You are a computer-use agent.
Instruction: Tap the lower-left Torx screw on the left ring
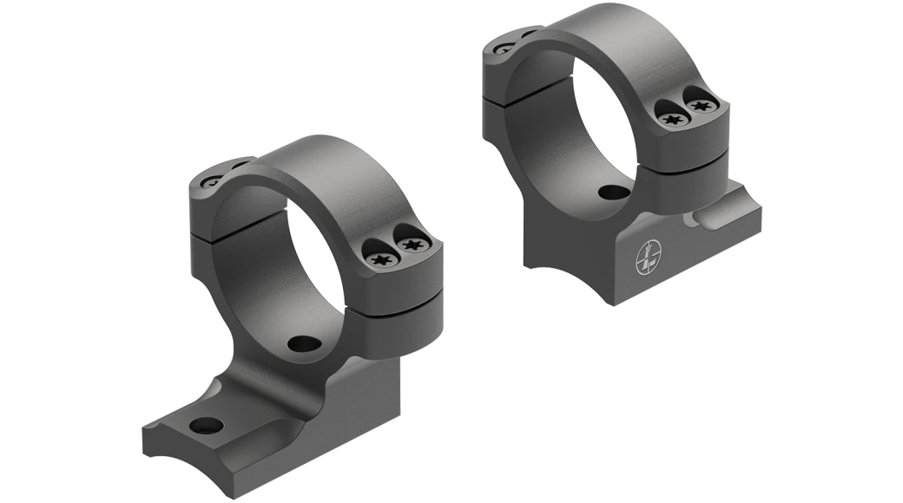pos(380,258)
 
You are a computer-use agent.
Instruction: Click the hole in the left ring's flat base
pos(205,425)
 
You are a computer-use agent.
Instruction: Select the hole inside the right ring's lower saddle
pos(614,193)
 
